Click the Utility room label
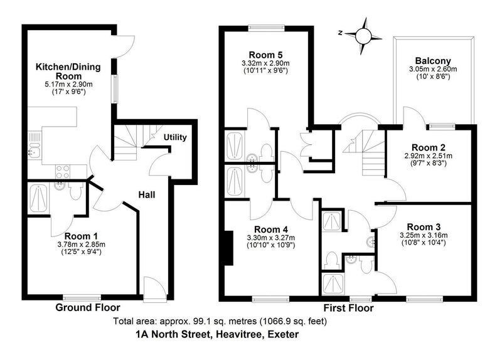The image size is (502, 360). [x=175, y=137]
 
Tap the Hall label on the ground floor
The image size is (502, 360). [x=147, y=194]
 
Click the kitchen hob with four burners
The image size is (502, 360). [x=63, y=172]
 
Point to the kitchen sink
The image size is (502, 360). [x=34, y=145]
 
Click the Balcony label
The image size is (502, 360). [x=433, y=61]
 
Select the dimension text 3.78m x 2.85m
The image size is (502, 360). [x=82, y=245]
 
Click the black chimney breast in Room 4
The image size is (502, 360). [x=228, y=248]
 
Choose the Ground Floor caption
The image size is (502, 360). [x=88, y=307]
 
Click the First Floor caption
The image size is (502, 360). [x=348, y=308]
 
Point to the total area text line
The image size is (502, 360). [x=220, y=320]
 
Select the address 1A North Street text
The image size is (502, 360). [x=217, y=334]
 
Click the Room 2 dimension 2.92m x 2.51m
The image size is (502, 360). [x=429, y=156]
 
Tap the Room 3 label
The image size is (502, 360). [x=424, y=227]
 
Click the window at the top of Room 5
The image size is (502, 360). [x=266, y=28]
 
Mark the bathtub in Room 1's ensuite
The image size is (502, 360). [x=38, y=198]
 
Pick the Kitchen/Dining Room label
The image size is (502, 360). [x=68, y=71]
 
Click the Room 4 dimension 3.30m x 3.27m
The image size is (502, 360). [x=271, y=238]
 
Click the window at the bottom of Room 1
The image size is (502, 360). [x=82, y=298]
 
